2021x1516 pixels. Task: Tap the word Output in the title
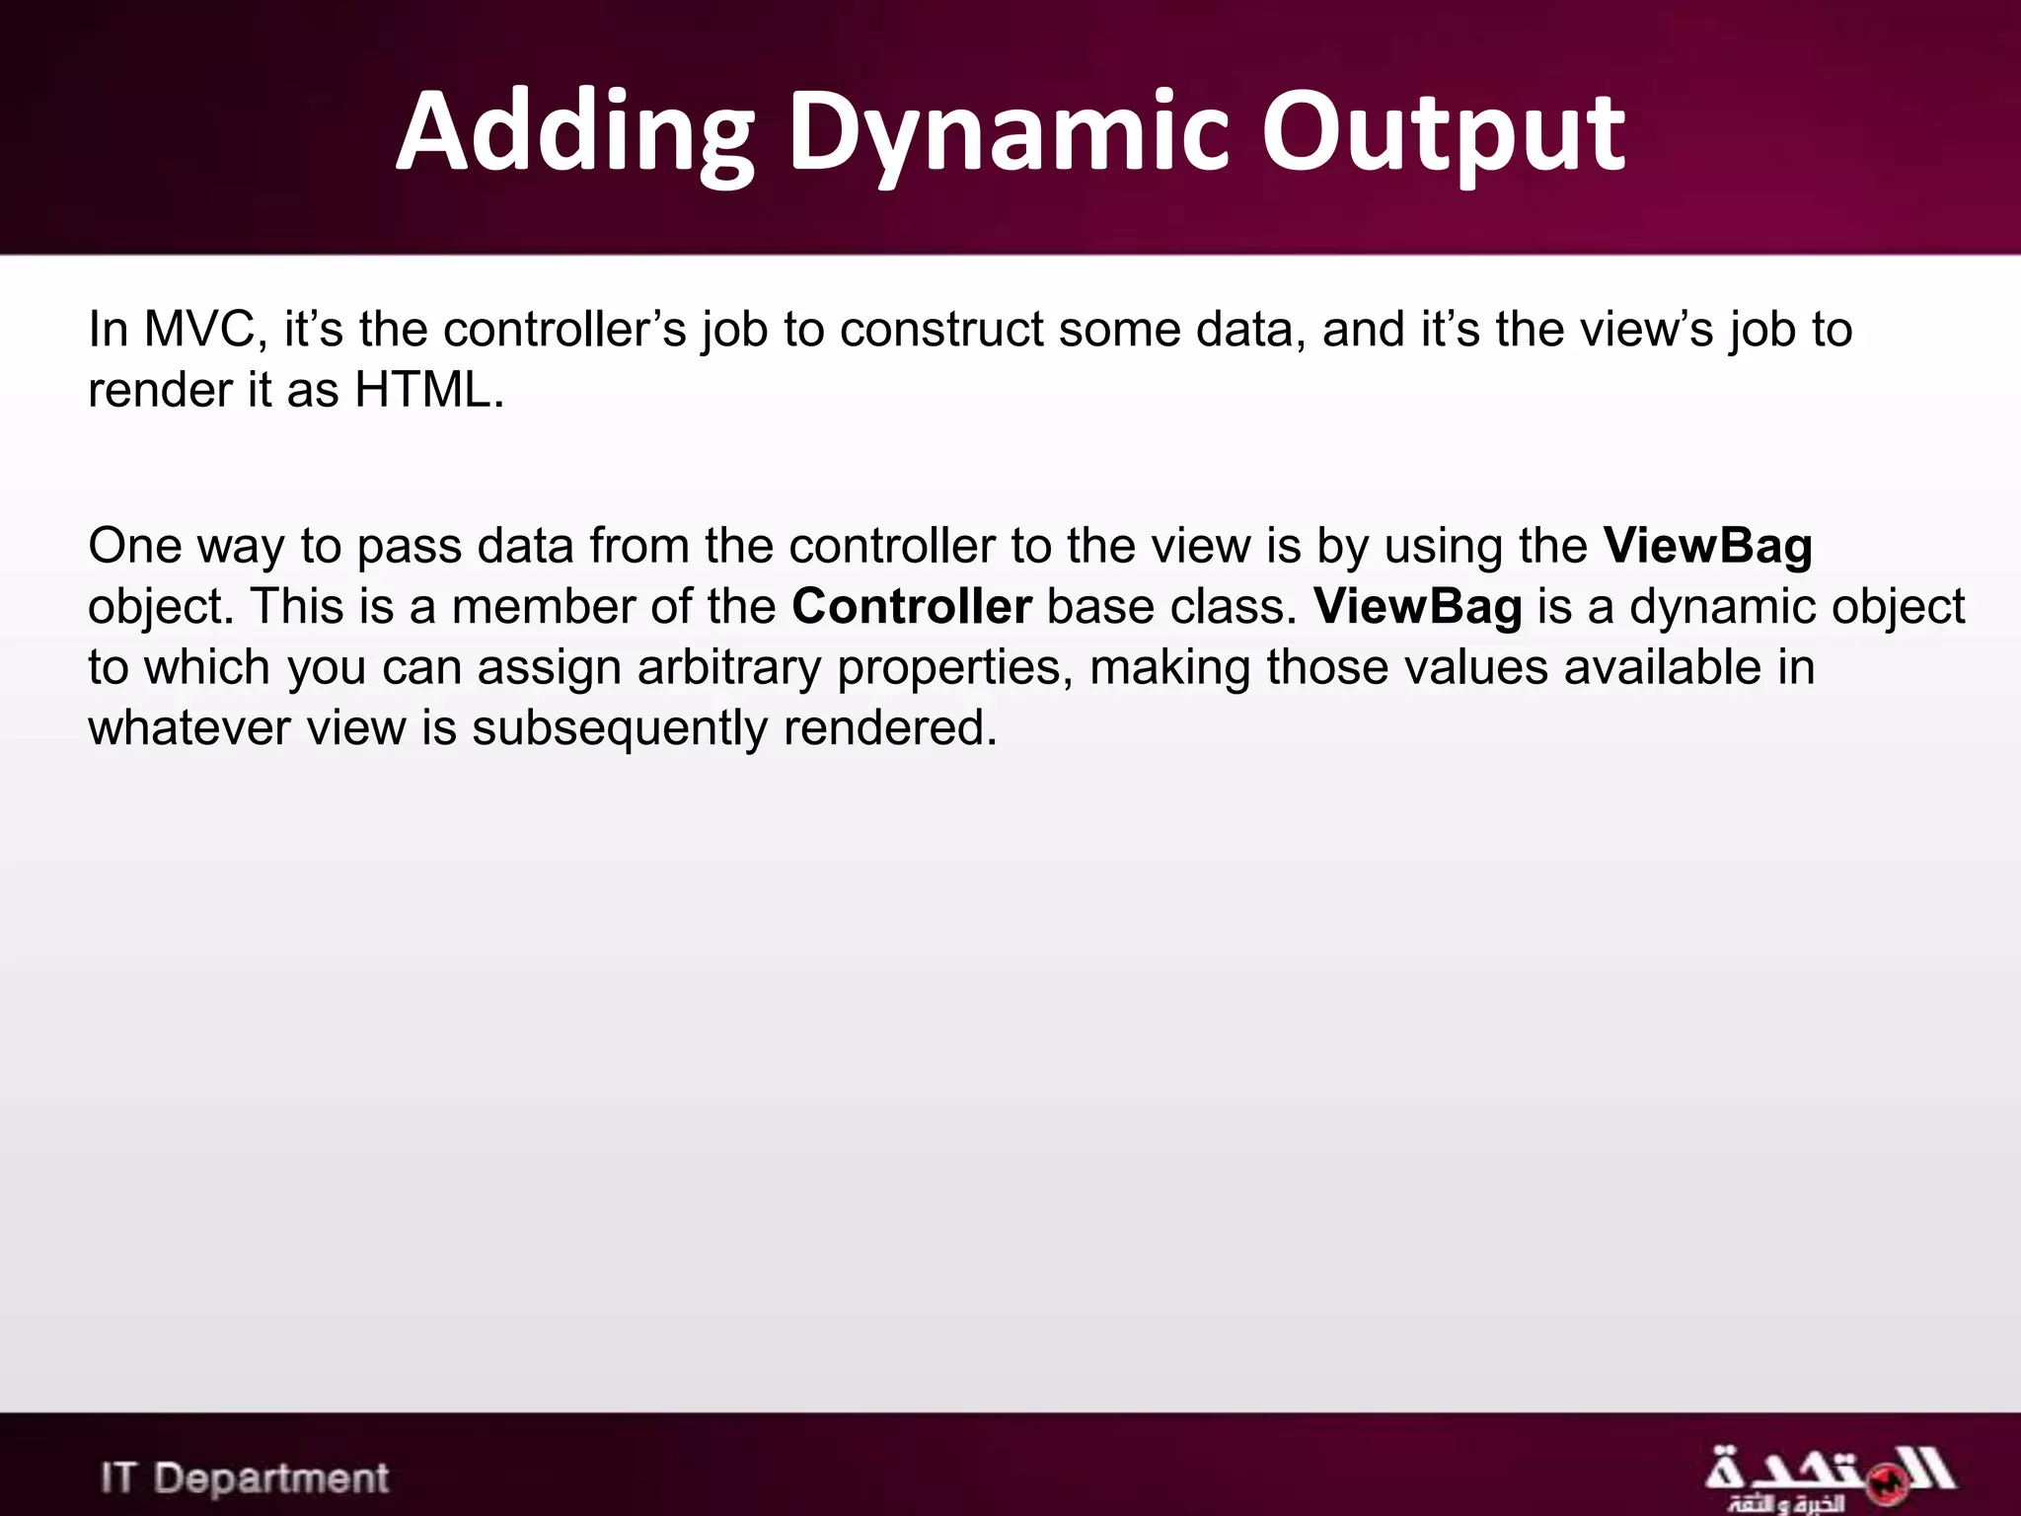click(1443, 133)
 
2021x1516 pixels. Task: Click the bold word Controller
click(911, 607)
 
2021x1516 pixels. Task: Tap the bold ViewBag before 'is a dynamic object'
click(1417, 607)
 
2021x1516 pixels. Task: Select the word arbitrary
click(728, 668)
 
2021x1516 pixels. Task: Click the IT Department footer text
click(245, 1478)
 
